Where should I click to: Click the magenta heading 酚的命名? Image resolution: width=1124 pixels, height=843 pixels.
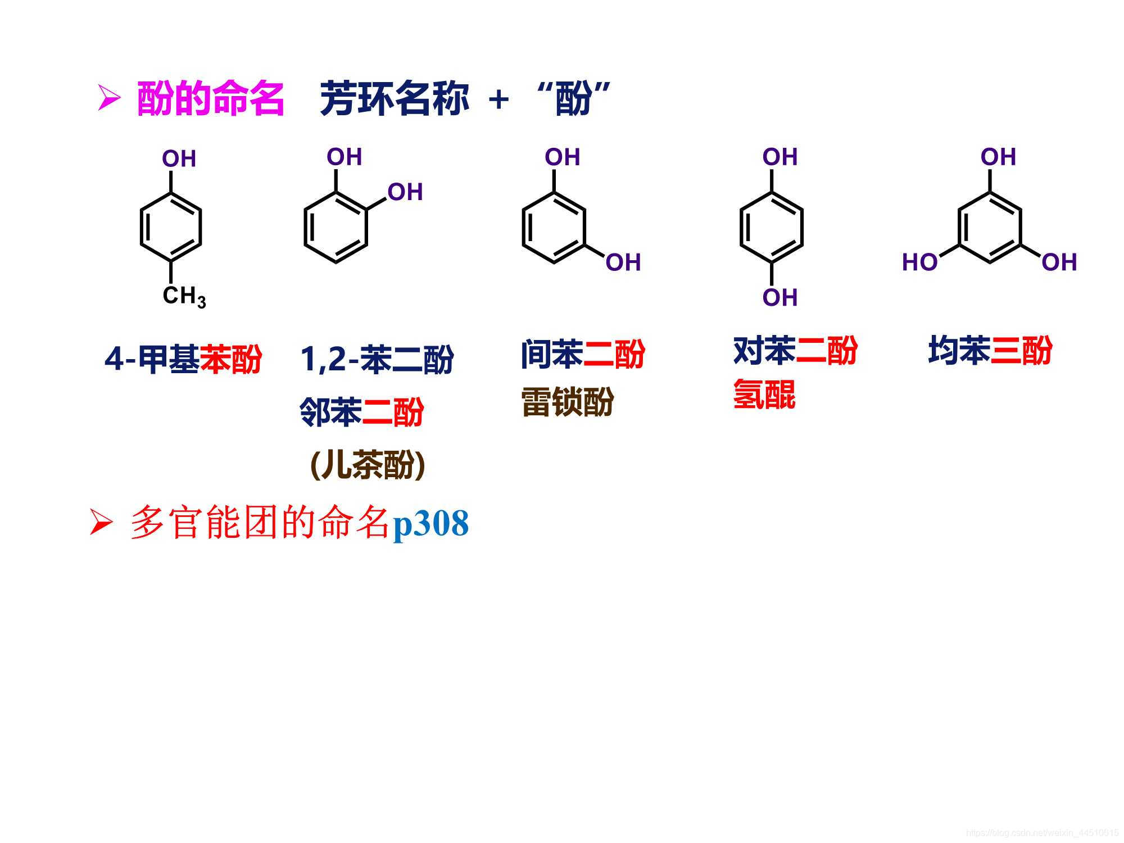pyautogui.click(x=210, y=99)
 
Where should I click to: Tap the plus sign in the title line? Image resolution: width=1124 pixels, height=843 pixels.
pyautogui.click(x=498, y=100)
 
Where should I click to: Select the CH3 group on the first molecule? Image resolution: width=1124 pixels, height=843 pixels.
pyautogui.click(x=184, y=296)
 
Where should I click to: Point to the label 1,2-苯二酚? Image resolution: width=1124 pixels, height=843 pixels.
pyautogui.click(x=377, y=359)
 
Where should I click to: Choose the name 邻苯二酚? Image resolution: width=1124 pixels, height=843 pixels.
pyautogui.click(x=361, y=412)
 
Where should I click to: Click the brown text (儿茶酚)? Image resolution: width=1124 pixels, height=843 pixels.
pyautogui.click(x=368, y=465)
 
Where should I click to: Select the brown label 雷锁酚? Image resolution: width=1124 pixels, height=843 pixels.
pyautogui.click(x=568, y=402)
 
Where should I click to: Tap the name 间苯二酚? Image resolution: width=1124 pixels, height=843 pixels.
pyautogui.click(x=583, y=354)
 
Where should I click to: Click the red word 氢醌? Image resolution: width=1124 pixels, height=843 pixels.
pyautogui.click(x=764, y=394)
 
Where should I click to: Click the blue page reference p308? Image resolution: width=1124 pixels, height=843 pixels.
pyautogui.click(x=430, y=524)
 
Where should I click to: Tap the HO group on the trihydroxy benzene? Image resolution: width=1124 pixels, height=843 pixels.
pyautogui.click(x=919, y=262)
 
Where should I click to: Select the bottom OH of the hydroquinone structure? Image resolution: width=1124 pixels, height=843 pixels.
pyautogui.click(x=780, y=297)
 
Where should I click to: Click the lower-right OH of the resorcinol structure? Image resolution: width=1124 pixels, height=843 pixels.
pyautogui.click(x=623, y=262)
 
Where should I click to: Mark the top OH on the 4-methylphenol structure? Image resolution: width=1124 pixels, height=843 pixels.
pyautogui.click(x=179, y=159)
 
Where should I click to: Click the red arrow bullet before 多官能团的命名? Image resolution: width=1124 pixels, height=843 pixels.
pyautogui.click(x=102, y=524)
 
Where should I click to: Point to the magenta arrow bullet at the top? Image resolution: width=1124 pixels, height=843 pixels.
pyautogui.click(x=109, y=98)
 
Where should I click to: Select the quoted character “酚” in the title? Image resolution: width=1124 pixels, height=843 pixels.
pyautogui.click(x=573, y=98)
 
